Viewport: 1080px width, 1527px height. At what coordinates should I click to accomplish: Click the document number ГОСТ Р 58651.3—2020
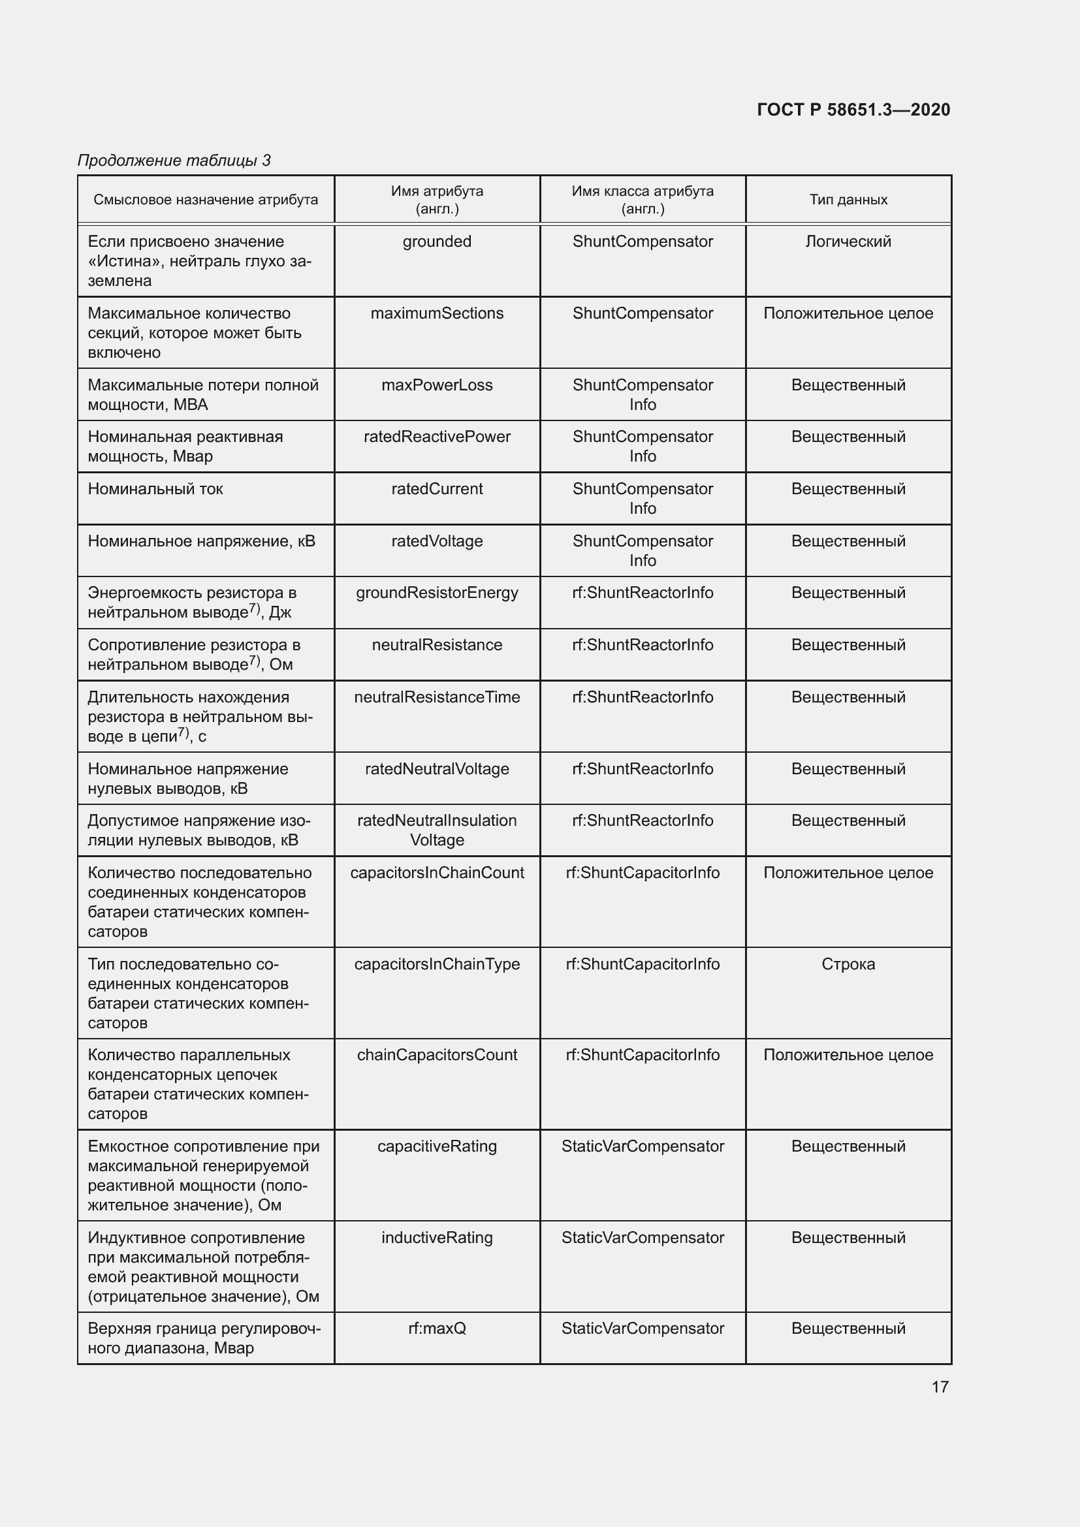pos(853,110)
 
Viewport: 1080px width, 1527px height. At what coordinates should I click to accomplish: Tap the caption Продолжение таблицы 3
pos(174,161)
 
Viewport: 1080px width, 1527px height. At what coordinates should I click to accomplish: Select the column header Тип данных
pos(848,200)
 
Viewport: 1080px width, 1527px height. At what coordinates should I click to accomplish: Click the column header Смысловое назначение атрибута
pos(206,200)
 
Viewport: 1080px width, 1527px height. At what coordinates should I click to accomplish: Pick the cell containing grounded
pos(437,242)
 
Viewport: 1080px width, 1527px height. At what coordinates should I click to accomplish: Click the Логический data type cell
pos(848,242)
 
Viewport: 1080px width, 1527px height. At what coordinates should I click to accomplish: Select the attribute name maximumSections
pos(437,313)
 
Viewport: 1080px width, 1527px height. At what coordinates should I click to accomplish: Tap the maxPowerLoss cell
pos(437,385)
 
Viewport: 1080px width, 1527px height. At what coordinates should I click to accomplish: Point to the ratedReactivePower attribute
pos(437,437)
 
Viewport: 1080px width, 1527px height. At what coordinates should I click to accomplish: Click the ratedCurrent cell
pos(437,489)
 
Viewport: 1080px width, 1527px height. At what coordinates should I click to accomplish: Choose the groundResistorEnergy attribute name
pos(437,593)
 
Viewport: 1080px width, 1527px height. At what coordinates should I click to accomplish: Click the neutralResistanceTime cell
pos(437,697)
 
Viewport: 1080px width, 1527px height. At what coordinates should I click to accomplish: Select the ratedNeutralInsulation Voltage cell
pos(437,830)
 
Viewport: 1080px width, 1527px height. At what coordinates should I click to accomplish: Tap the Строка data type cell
pos(848,964)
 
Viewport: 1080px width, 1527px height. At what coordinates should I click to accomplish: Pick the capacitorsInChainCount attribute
pos(437,873)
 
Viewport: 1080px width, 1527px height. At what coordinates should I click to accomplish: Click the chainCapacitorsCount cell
pos(437,1055)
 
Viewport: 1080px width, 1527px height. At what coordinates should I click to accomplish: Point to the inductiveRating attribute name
pos(437,1238)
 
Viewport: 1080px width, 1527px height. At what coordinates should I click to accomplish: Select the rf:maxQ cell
pos(437,1328)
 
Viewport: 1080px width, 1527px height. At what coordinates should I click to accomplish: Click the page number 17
pos(940,1387)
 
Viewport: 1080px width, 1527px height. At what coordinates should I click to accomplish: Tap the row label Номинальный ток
pos(155,489)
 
